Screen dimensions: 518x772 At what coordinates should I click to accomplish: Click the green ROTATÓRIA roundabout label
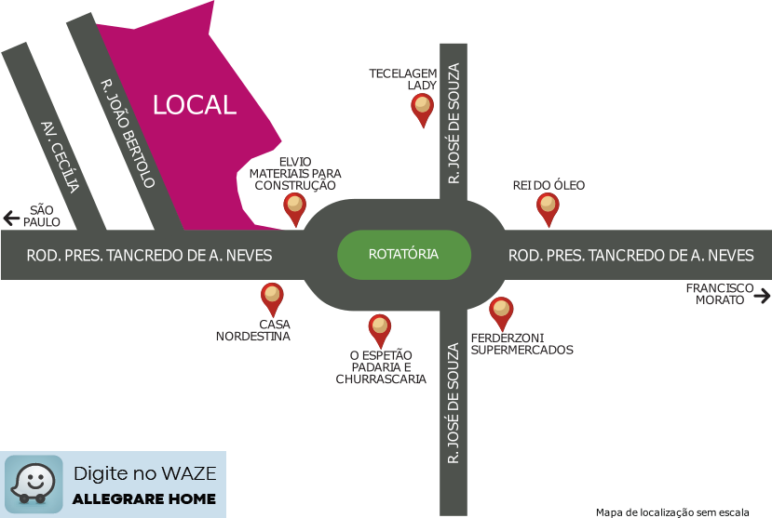[403, 254]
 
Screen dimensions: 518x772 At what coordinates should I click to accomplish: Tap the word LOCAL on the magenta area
[195, 105]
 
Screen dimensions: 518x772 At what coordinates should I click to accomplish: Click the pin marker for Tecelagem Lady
[423, 110]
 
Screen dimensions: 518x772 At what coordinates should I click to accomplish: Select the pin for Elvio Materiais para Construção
[295, 208]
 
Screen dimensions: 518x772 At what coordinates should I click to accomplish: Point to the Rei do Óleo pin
[549, 209]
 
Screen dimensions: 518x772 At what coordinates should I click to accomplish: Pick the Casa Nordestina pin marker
[272, 299]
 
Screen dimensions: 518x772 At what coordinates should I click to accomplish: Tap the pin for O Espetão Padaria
[379, 329]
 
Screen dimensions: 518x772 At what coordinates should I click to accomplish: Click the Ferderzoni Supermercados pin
[501, 312]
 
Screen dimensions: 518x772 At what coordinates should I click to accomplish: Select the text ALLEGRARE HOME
[144, 498]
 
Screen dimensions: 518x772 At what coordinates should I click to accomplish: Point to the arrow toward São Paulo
[11, 219]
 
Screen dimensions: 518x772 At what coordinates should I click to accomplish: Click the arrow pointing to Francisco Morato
[763, 296]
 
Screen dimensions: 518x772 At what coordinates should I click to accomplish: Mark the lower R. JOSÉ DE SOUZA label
[454, 404]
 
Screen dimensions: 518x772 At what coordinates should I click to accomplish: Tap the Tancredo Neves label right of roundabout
[630, 255]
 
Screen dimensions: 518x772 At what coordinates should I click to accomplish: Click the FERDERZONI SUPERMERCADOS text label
[521, 343]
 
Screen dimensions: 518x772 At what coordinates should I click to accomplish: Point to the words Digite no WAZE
[144, 473]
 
